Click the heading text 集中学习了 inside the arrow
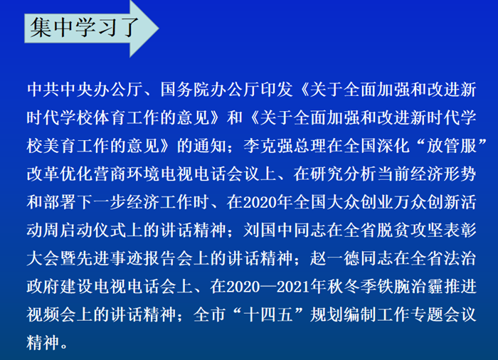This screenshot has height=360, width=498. point(85,27)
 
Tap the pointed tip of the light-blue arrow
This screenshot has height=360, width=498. point(159,28)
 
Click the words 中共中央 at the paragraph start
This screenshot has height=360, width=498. point(60,90)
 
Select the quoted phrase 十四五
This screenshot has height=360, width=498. point(268,315)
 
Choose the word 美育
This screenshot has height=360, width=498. point(60,146)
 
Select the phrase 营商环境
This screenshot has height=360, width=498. point(127,174)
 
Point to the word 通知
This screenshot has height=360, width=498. point(210,146)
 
